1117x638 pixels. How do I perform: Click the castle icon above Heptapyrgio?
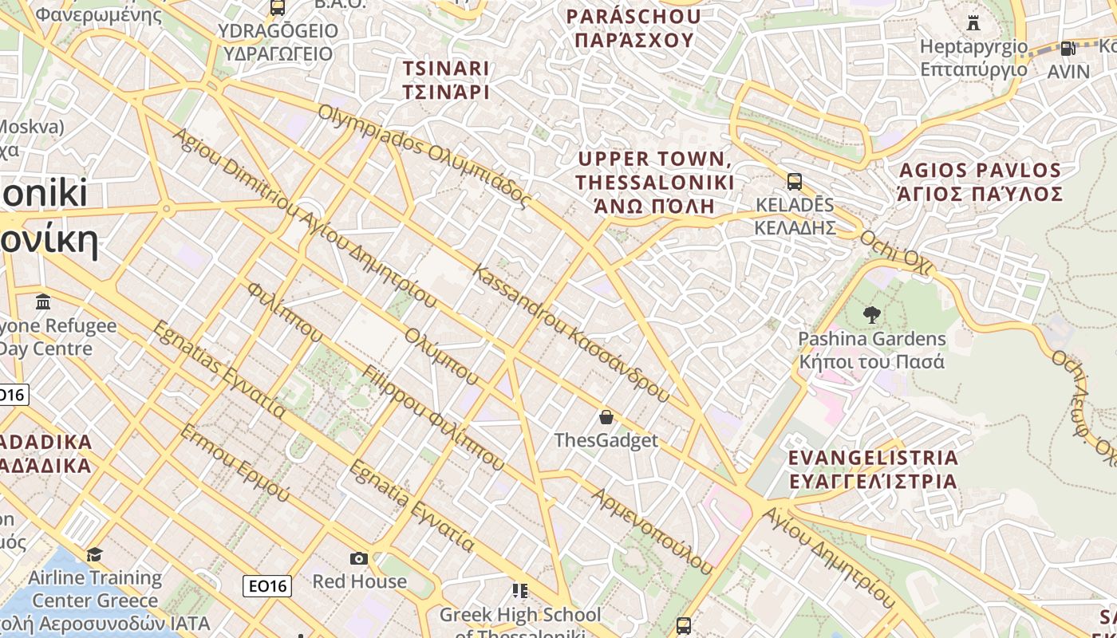pos(973,22)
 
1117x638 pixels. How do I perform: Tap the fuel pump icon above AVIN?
pos(1068,48)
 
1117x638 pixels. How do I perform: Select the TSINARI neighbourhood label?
pos(446,80)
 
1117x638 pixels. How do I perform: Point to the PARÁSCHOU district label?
pos(633,28)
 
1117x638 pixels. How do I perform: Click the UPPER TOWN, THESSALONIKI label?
pos(654,182)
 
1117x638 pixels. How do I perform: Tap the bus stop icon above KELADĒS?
pos(794,181)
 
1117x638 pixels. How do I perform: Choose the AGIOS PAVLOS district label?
pos(981,182)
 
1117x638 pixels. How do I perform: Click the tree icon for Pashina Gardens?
pos(871,315)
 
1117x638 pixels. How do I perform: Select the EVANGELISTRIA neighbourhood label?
pos(872,469)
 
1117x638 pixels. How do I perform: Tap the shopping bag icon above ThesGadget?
pos(606,416)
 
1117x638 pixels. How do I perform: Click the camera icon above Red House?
pos(359,558)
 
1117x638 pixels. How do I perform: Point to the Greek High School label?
pos(520,615)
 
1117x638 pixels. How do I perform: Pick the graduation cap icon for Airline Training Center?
pos(95,553)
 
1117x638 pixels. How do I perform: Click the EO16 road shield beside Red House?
pos(267,586)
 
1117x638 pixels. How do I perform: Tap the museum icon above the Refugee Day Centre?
pos(43,302)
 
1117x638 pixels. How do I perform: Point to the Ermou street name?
pos(235,463)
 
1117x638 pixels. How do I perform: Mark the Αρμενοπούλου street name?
pos(652,530)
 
